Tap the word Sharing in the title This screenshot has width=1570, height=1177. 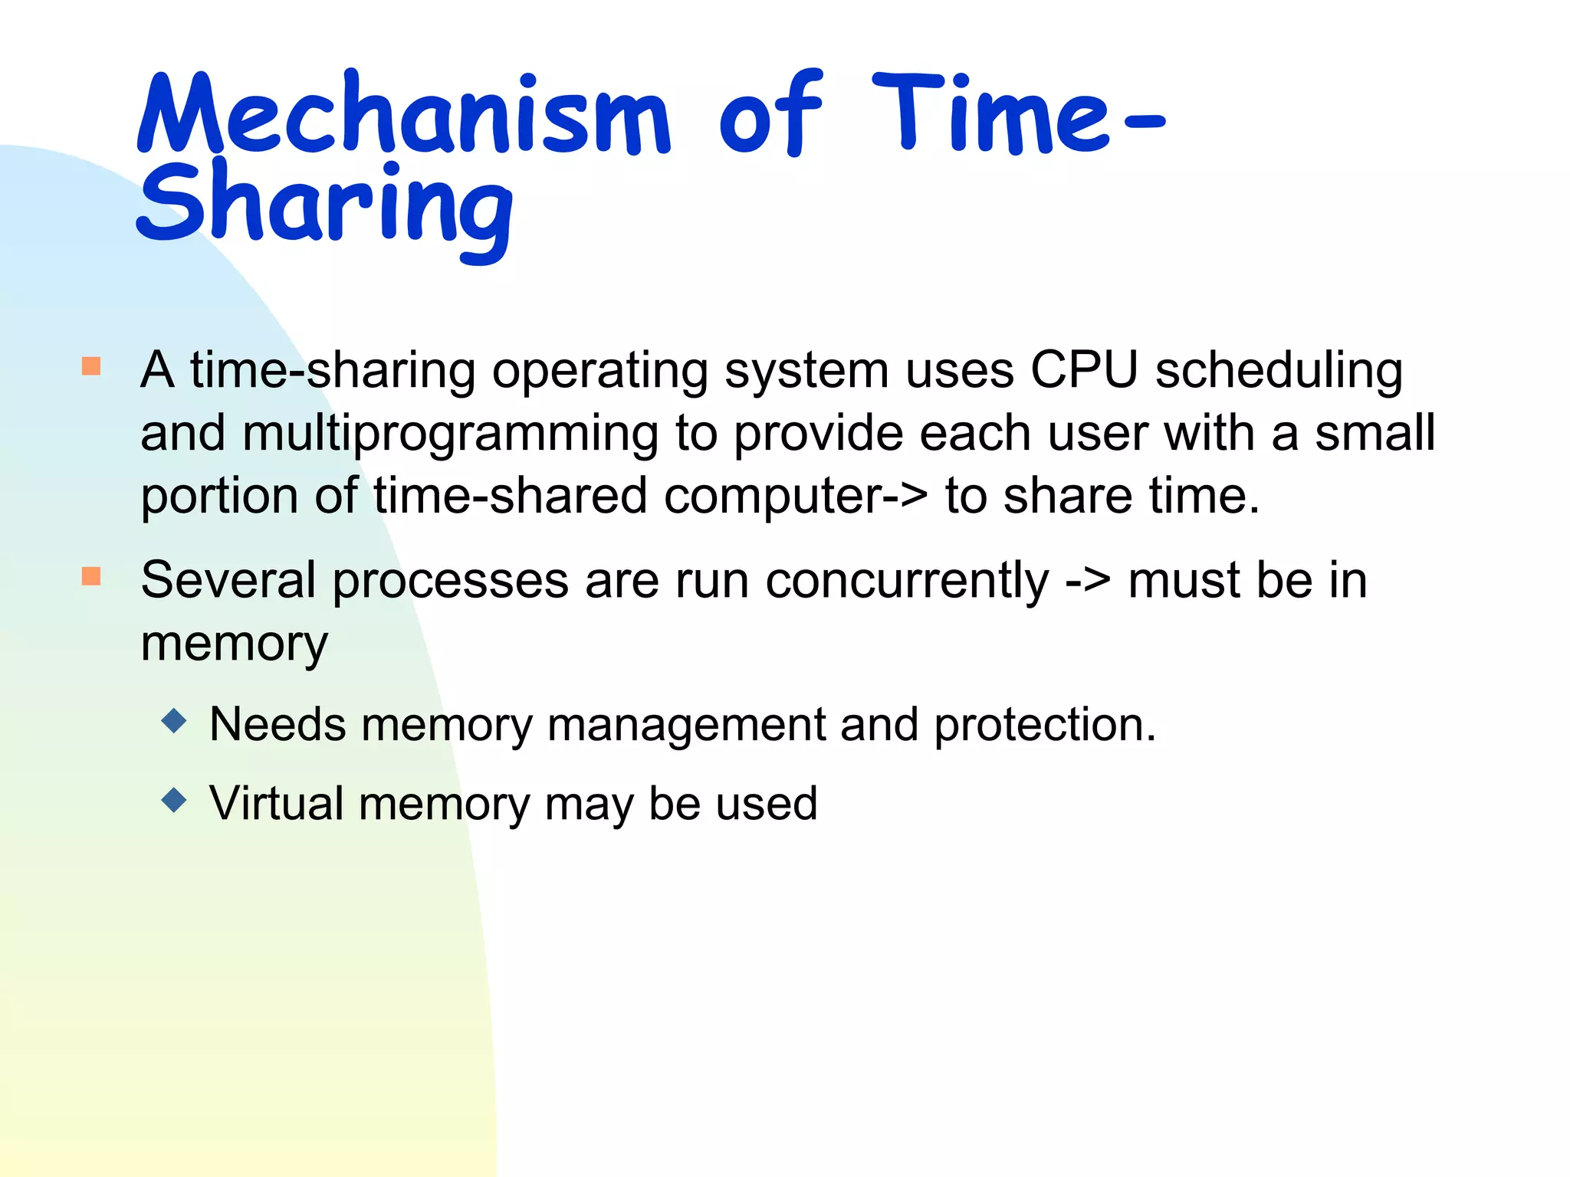pos(325,205)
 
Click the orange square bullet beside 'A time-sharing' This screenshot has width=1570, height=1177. pos(91,366)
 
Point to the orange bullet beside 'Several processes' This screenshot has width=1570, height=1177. pos(91,576)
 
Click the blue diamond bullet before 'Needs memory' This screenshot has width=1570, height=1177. pos(175,721)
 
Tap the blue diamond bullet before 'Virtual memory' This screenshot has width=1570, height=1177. pos(175,801)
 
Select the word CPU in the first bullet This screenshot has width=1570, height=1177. pos(1084,371)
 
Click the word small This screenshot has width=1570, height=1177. pos(1375,433)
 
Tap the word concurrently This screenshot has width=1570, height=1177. pos(908,581)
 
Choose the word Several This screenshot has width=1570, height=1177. pos(228,580)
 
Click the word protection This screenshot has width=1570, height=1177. pos(1044,725)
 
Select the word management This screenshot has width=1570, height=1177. pos(685,725)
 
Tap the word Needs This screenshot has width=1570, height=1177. pos(278,724)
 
